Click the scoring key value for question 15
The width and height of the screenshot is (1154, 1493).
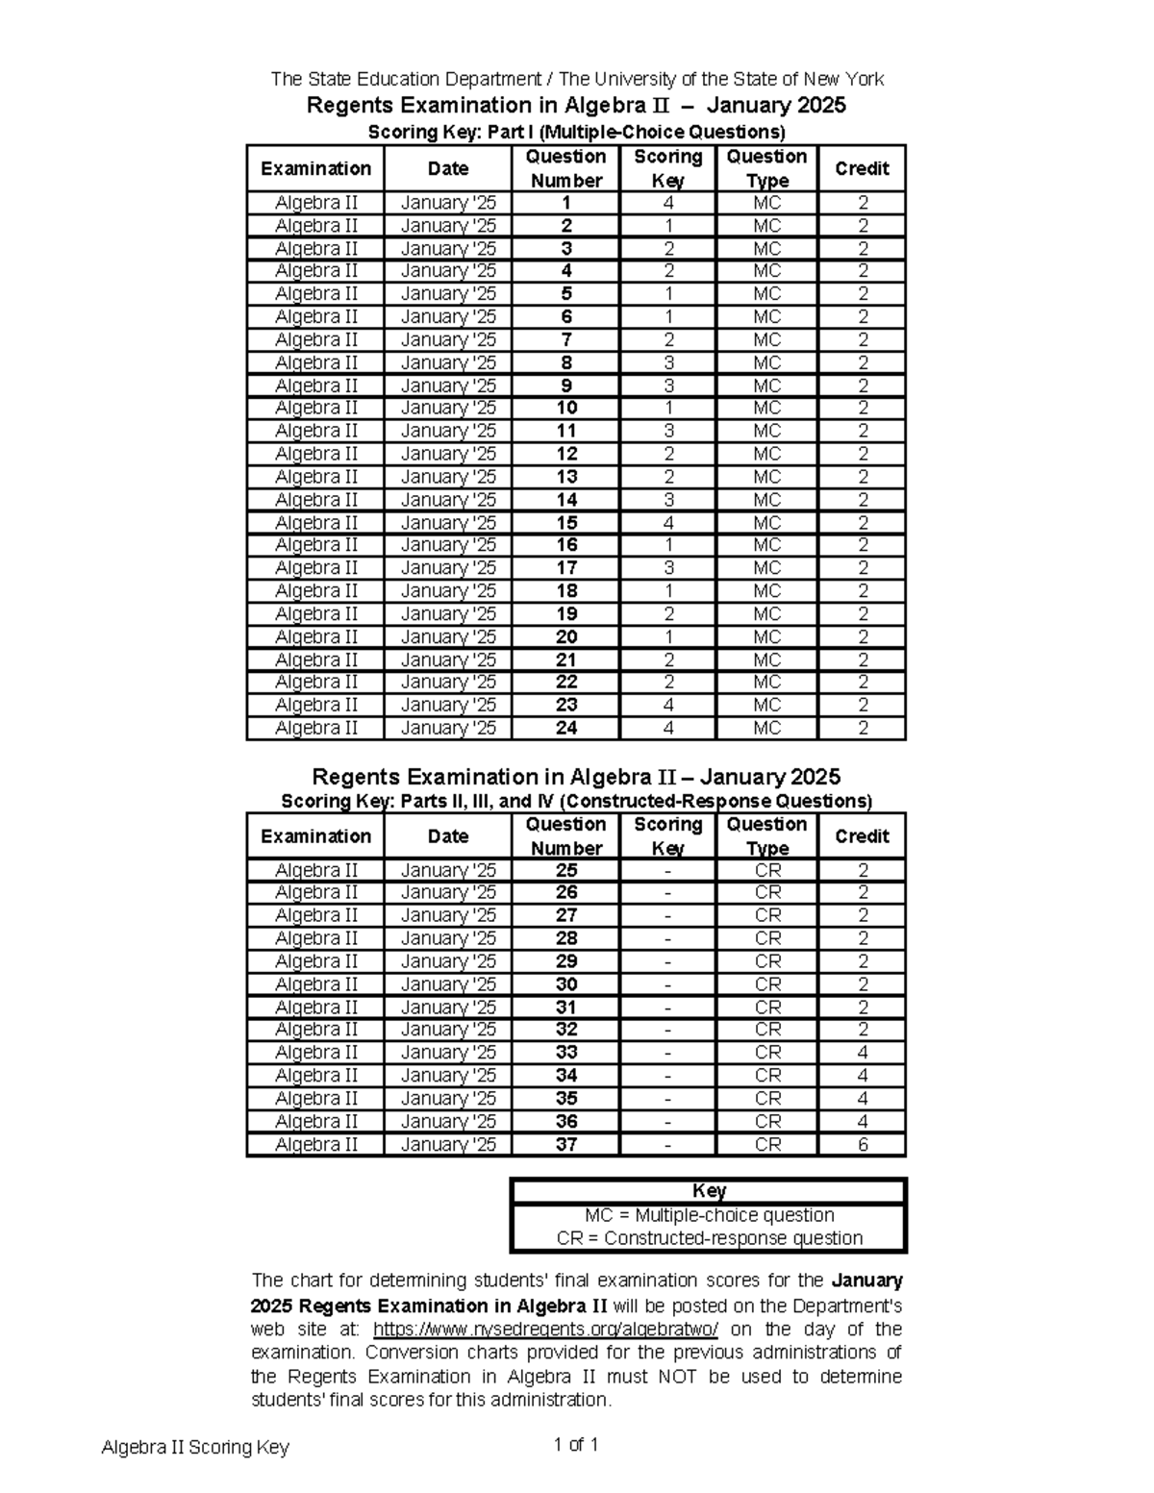tap(667, 523)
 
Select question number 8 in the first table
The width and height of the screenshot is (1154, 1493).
tap(566, 362)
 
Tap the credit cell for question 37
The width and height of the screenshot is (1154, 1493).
tap(863, 1144)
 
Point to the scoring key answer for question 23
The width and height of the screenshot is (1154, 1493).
tap(667, 705)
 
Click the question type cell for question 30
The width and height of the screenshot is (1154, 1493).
tap(767, 983)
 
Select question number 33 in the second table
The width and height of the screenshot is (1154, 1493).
tap(566, 1052)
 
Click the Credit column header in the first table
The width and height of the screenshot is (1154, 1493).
tap(862, 168)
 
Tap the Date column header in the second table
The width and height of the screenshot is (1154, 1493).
tap(448, 836)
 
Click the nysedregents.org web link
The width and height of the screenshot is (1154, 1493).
tap(545, 1330)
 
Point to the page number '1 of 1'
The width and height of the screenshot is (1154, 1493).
tap(576, 1444)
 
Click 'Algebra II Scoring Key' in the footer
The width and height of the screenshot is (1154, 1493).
tap(195, 1447)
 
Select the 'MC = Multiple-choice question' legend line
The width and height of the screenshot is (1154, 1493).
tap(709, 1215)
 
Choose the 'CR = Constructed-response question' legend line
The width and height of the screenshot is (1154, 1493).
tap(709, 1238)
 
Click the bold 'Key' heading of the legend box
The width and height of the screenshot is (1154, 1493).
tap(709, 1191)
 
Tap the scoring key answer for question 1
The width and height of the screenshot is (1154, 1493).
tap(667, 203)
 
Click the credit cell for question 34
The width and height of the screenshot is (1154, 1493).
tap(863, 1075)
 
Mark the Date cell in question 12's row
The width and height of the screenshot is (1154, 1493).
tap(448, 454)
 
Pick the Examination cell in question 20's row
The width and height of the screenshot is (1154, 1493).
tap(315, 636)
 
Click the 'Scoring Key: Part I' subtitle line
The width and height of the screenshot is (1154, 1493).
tap(577, 132)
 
